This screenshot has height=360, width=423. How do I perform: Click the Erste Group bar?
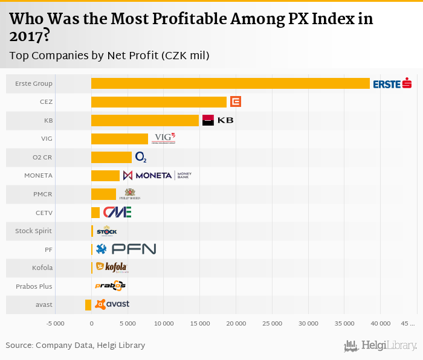point(230,83)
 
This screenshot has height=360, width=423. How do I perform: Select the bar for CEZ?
point(159,102)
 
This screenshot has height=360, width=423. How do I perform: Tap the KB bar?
point(145,120)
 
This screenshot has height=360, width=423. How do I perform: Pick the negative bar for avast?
point(88,304)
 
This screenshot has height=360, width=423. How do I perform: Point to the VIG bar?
point(120,139)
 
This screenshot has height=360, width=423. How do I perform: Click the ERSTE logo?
point(392,83)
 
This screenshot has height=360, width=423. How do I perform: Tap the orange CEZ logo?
point(236,101)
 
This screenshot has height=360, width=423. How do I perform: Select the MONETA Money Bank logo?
point(157,175)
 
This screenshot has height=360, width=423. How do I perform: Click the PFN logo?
point(126,249)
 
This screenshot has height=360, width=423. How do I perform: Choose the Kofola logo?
point(111,267)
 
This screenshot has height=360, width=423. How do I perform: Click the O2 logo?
point(141,157)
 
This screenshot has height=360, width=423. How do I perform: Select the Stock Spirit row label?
point(34,231)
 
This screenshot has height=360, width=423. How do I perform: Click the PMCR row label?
point(44,194)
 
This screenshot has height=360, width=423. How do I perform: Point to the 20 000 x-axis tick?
point(236,324)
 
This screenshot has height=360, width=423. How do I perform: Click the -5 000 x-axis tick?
point(55,324)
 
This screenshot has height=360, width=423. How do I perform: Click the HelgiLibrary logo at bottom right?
point(381,346)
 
